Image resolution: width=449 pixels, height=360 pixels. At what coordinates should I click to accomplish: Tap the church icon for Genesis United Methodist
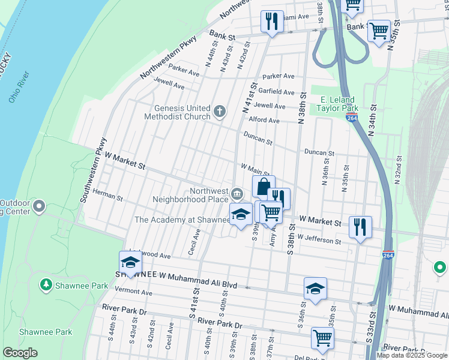pyautogui.click(x=220, y=111)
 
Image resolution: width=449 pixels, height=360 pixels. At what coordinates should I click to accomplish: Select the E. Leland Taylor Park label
pyautogui.click(x=338, y=104)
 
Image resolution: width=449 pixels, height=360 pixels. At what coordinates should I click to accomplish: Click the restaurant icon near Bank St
pyautogui.click(x=272, y=22)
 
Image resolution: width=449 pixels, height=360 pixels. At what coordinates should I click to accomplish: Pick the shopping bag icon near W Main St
pyautogui.click(x=264, y=187)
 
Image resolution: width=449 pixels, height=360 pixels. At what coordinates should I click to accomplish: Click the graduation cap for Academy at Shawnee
pyautogui.click(x=241, y=214)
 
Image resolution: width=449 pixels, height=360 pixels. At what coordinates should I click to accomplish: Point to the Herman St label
pyautogui.click(x=107, y=196)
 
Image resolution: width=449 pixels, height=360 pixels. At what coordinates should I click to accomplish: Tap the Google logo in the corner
pyautogui.click(x=20, y=353)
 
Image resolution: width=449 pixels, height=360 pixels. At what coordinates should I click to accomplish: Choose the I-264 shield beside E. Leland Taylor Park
pyautogui.click(x=352, y=116)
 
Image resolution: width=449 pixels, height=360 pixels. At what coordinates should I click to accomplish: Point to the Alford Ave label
pyautogui.click(x=265, y=120)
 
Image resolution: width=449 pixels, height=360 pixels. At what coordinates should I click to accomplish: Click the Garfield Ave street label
pyautogui.click(x=276, y=92)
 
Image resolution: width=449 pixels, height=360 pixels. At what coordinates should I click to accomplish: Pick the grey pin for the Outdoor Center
pyautogui.click(x=40, y=207)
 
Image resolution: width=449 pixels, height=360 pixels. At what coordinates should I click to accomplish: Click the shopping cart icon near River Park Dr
pyautogui.click(x=322, y=338)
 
